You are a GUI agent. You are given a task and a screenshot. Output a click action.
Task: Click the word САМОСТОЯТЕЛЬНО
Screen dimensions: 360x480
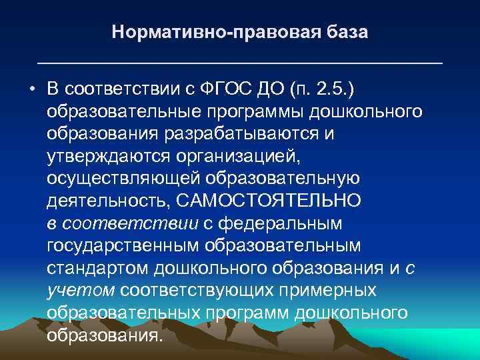pos(286,201)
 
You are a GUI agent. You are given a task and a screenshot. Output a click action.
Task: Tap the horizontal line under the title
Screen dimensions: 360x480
pos(240,62)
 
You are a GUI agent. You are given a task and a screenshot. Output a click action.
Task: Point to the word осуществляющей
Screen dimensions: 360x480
pos(123,179)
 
